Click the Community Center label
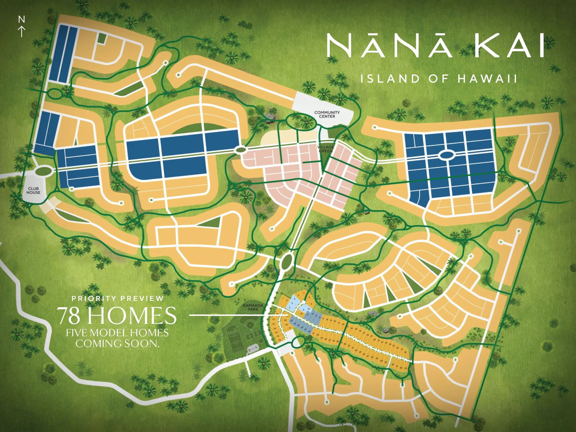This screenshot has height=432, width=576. (x=327, y=114)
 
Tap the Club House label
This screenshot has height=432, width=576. (x=33, y=190)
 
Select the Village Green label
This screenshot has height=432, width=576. (x=325, y=149)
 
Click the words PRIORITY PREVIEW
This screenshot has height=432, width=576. (x=118, y=298)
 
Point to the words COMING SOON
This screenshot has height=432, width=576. (x=117, y=343)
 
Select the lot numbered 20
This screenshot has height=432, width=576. (x=335, y=322)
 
